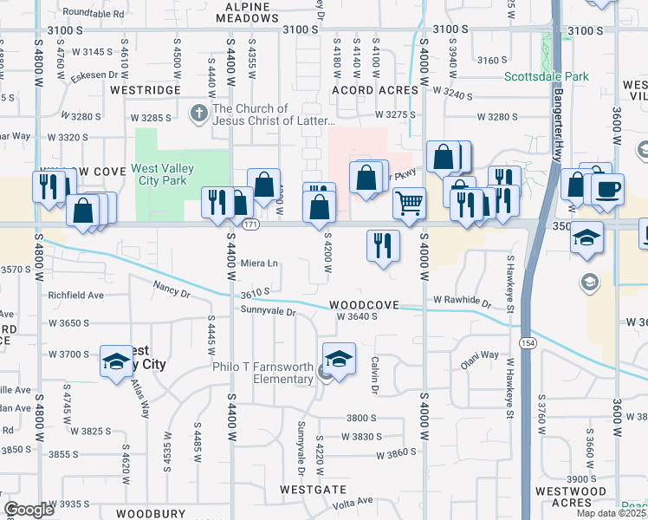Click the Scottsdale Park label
pyautogui.click(x=546, y=76)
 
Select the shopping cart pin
pyautogui.click(x=409, y=204)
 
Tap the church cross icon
pyautogui.click(x=198, y=114)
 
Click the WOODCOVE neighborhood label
pyautogui.click(x=364, y=306)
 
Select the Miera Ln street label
pyautogui.click(x=259, y=263)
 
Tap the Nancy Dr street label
pyautogui.click(x=172, y=289)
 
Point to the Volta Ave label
pyautogui.click(x=353, y=501)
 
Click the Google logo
pyautogui.click(x=29, y=510)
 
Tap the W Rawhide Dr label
pyautogui.click(x=462, y=301)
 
